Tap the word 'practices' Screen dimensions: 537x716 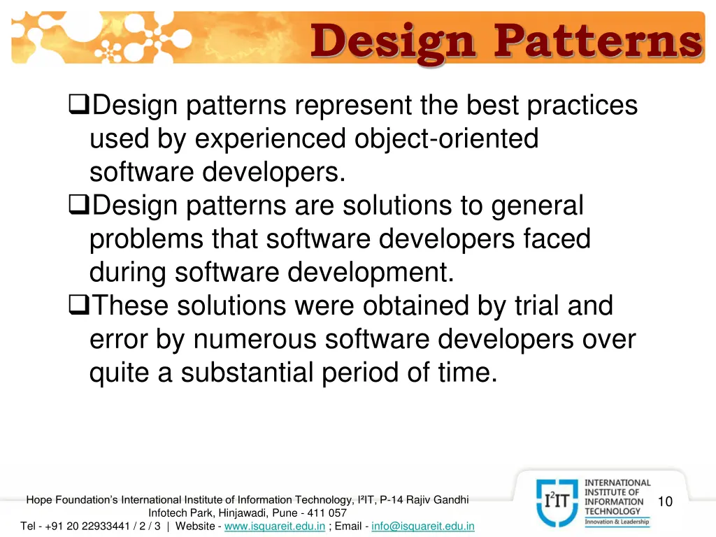[582, 106]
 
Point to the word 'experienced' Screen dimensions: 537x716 [270, 139]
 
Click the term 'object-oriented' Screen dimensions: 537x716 [447, 139]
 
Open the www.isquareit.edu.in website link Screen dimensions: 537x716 [275, 526]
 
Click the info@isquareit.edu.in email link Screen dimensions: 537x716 [423, 526]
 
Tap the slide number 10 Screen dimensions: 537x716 [665, 501]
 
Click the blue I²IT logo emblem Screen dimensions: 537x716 [557, 501]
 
